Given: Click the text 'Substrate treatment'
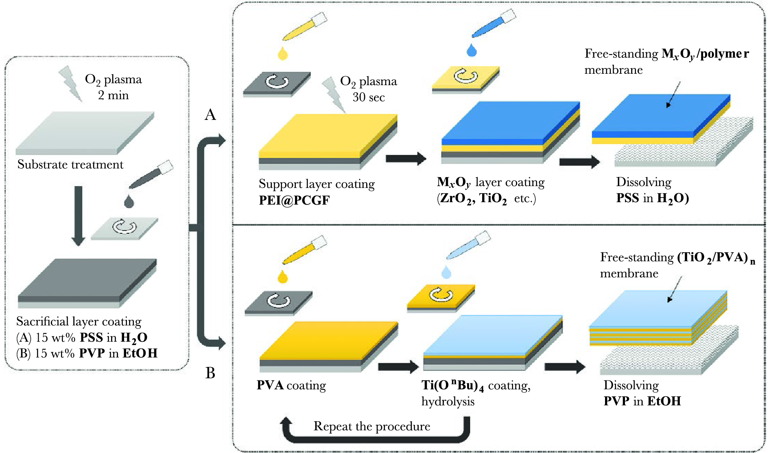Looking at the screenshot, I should [70, 165].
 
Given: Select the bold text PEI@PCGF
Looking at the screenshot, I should [294, 201].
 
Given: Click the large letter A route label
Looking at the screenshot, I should [210, 115].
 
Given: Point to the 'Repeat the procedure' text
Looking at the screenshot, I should [372, 427].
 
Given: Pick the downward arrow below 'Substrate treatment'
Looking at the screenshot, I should [79, 216].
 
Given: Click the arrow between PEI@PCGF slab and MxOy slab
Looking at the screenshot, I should [406, 158].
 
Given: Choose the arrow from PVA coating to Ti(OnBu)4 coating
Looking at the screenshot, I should [398, 367].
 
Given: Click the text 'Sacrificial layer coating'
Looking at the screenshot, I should [79, 322].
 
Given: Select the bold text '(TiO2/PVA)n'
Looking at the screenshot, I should [716, 258].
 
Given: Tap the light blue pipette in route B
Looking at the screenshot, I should [468, 247].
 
